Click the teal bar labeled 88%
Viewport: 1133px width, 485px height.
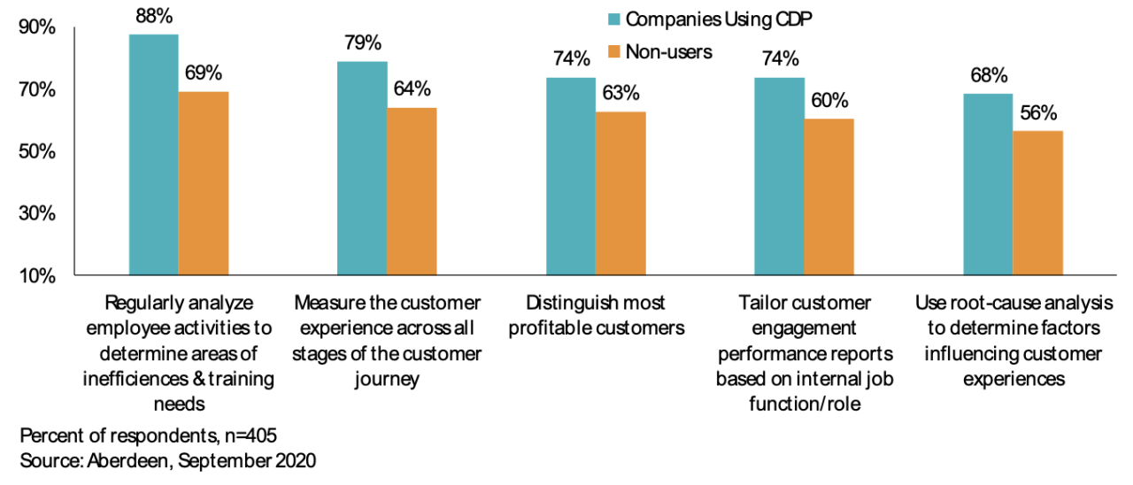coord(154,155)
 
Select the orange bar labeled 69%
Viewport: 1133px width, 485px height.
coord(204,183)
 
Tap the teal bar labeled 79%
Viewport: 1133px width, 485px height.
coord(362,168)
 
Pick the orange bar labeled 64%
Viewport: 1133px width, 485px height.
coord(412,191)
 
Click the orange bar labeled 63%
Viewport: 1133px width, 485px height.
coord(620,193)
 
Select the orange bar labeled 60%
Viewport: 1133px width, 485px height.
coord(829,197)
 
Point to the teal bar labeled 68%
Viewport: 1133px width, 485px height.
coord(988,185)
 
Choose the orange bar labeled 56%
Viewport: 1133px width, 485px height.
coord(1037,204)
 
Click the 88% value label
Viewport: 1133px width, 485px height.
coord(154,15)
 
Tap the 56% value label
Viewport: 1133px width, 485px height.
coord(1037,112)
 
